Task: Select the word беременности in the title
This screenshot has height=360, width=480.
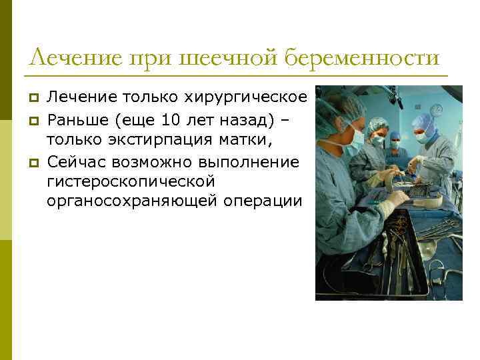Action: click(x=363, y=58)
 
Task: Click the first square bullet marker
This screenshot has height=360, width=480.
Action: click(x=35, y=98)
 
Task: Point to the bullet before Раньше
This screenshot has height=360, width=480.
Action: click(x=35, y=120)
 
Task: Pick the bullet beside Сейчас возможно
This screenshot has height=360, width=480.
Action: click(x=35, y=162)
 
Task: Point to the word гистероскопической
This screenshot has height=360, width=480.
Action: click(x=131, y=181)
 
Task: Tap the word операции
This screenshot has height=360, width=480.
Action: click(x=266, y=201)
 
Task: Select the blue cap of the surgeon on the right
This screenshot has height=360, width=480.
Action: click(x=424, y=121)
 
